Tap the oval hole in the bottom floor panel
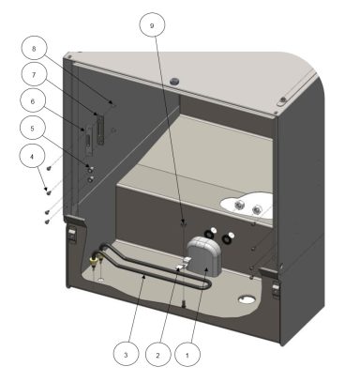[246, 300]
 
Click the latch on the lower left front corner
[71, 234]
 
